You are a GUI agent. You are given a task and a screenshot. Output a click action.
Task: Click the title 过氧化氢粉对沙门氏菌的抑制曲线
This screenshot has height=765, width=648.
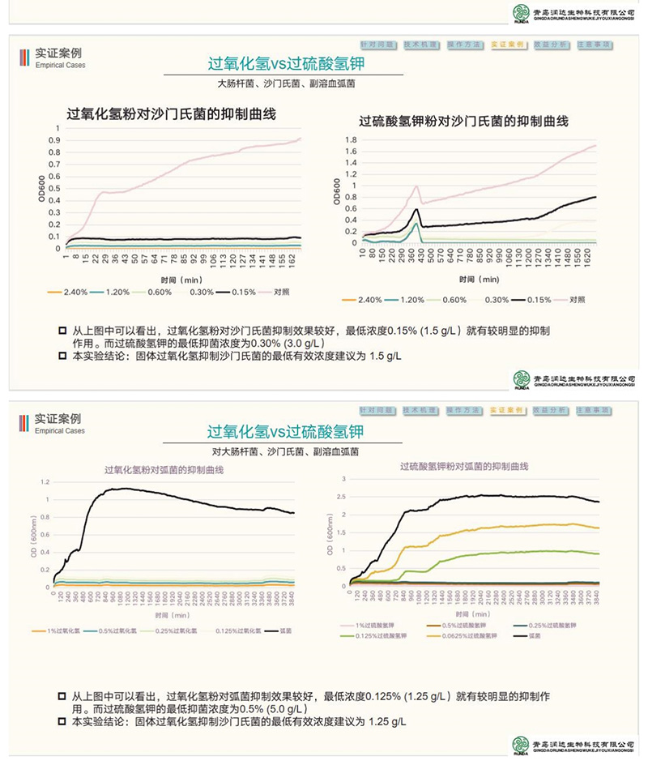[172, 114]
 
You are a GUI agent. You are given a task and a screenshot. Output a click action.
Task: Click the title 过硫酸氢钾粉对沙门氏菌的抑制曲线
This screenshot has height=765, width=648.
[464, 122]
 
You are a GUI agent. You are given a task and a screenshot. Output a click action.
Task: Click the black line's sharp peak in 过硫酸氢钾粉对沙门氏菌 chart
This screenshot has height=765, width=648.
[416, 209]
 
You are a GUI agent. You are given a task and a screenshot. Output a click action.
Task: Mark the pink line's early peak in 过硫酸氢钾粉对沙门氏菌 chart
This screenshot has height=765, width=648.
[416, 186]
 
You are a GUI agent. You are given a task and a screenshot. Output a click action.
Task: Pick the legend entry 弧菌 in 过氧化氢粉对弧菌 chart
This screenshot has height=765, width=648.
[287, 630]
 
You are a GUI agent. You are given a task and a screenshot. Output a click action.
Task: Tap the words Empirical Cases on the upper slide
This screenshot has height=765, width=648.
[60, 66]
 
